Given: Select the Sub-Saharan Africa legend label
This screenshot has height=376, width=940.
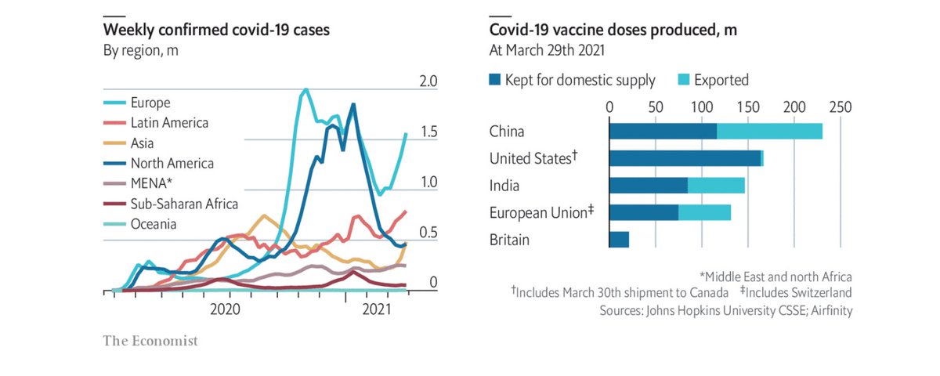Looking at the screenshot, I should point(184,204).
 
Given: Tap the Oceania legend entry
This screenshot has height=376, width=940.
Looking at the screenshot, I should point(154,224).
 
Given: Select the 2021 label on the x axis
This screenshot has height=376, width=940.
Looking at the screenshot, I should point(377,309).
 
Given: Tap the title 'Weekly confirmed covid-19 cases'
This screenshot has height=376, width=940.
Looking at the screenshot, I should point(217,31).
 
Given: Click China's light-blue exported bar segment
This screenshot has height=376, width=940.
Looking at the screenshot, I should point(769,132).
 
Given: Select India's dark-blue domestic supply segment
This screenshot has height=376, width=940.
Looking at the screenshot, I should point(648,186).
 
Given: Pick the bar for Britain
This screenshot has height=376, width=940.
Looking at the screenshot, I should point(619,240).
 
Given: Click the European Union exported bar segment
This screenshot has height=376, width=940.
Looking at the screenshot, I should point(704,212).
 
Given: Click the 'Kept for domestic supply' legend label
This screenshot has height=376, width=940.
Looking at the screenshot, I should point(580,80).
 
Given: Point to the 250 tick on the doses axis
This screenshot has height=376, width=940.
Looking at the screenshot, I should point(840,106).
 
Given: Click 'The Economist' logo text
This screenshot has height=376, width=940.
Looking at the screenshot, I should point(150,341).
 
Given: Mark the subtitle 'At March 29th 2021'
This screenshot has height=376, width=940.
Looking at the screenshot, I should point(545,51).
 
